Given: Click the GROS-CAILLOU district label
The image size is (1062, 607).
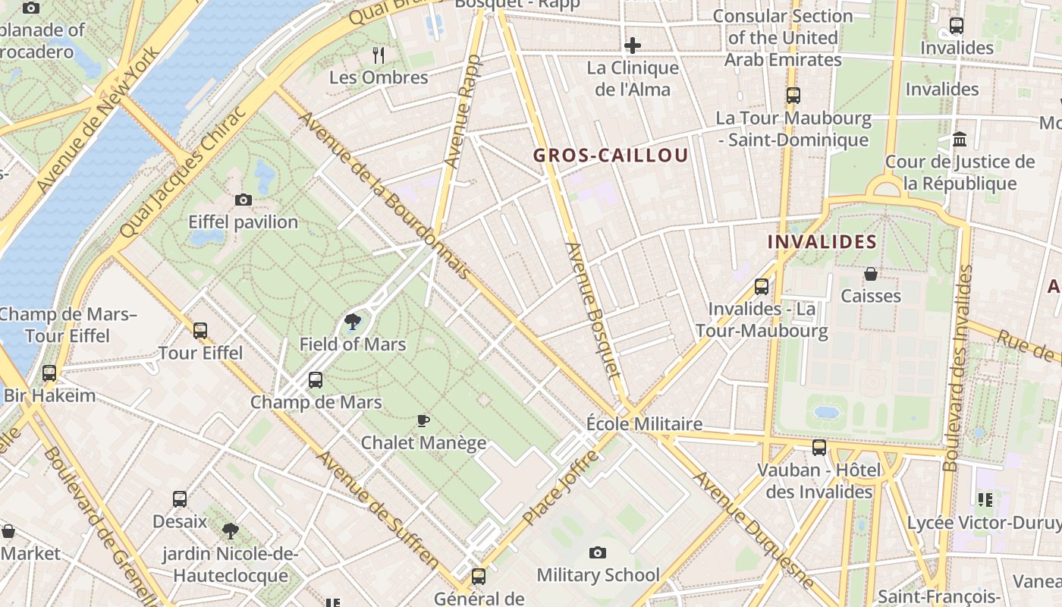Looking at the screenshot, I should (x=611, y=156).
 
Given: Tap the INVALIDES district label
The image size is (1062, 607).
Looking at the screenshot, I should (x=822, y=242).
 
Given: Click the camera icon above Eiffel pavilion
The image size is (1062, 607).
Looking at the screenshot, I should (x=243, y=200).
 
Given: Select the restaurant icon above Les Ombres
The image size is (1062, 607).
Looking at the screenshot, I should (x=379, y=55).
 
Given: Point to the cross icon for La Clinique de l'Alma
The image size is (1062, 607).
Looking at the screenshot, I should (x=633, y=46).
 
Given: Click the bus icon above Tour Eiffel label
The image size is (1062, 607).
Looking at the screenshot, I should (x=200, y=331).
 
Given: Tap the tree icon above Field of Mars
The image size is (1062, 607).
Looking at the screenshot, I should (x=352, y=322).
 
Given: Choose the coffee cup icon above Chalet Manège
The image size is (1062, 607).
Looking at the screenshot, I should (x=423, y=420).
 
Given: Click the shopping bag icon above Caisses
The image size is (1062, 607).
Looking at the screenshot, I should (x=871, y=274).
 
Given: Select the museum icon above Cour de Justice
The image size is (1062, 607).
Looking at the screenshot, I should (x=960, y=140).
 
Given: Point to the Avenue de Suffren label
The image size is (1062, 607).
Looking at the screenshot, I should (x=377, y=510).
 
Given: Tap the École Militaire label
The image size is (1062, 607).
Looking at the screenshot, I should (x=644, y=423).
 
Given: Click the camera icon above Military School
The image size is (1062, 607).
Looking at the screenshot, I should (x=598, y=552).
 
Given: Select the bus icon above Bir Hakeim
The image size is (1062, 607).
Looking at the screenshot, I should (x=49, y=373).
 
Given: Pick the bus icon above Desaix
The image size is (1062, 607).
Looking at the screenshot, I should (x=180, y=499).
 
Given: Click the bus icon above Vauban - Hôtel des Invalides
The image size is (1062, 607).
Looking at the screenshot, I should (x=819, y=448).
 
